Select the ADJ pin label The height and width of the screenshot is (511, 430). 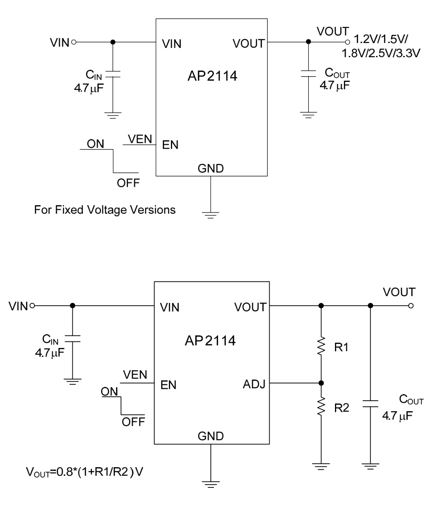click(254, 384)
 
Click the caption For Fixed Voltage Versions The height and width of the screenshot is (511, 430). click(105, 210)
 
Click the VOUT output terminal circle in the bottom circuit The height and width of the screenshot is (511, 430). click(411, 306)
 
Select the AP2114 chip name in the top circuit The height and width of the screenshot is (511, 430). click(210, 75)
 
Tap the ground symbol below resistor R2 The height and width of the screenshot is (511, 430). click(321, 466)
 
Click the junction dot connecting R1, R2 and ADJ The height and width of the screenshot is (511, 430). click(321, 383)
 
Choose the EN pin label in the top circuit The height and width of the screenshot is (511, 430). click(170, 145)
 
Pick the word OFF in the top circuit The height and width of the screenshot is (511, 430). click(128, 183)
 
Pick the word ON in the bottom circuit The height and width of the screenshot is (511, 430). click(110, 392)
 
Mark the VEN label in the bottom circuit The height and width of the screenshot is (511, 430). click(135, 375)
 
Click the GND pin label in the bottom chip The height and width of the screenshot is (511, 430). click(210, 436)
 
